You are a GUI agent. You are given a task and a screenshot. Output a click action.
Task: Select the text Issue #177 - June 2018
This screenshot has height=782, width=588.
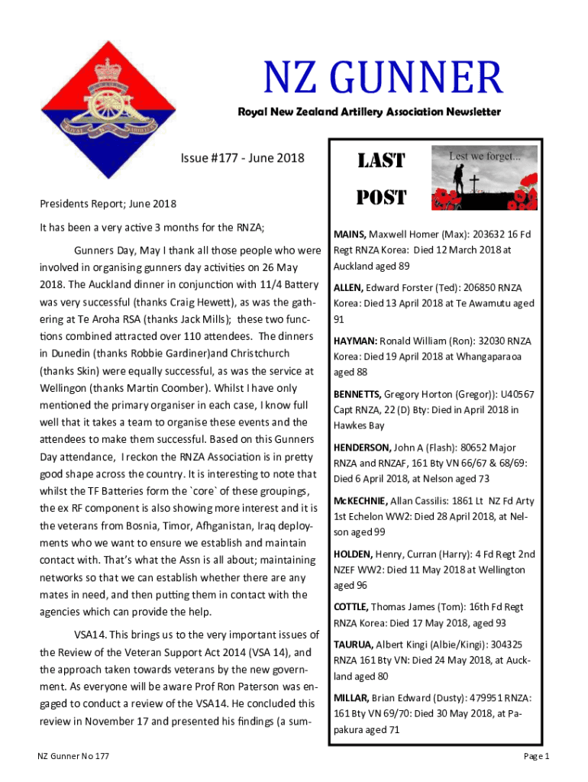[x=242, y=158]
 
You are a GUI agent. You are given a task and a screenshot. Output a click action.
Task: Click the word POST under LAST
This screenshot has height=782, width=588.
[x=382, y=198]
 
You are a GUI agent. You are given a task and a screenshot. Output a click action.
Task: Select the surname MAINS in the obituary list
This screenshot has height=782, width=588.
[x=349, y=234]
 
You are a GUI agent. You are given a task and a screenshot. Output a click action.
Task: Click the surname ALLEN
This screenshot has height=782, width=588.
[x=348, y=287]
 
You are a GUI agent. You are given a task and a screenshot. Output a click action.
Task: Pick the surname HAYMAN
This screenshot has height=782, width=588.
[x=354, y=341]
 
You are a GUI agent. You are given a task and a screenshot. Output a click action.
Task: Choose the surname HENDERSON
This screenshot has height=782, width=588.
[x=362, y=448]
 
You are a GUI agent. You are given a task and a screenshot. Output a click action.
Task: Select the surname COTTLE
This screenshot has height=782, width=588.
[x=351, y=607]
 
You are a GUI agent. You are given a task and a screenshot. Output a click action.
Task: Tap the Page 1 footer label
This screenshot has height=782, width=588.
[x=536, y=756]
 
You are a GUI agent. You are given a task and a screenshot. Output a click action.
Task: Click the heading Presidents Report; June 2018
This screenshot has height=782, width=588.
[x=108, y=204]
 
